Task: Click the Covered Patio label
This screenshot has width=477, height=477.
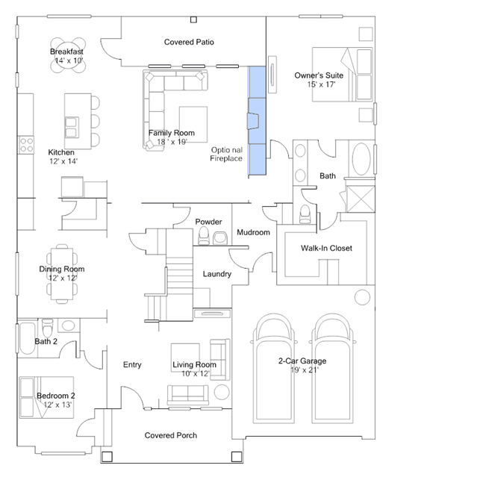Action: coord(189,42)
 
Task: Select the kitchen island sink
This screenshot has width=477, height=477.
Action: coord(72,127)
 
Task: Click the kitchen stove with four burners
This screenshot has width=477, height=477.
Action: coord(26,145)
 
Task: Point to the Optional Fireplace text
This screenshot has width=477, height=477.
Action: coord(226,154)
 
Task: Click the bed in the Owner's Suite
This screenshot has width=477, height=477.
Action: coord(342,74)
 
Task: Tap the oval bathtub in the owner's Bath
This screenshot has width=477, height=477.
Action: coord(361,159)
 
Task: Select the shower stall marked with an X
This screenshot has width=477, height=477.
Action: coord(361,199)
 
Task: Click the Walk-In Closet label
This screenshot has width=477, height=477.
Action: coord(326,248)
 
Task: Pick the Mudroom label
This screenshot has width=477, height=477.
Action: coord(253,232)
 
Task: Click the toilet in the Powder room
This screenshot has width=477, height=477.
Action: coord(204,236)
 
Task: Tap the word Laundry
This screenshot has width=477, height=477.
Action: coord(217,274)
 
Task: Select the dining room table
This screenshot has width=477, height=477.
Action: coord(62,274)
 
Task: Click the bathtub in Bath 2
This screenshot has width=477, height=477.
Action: coord(27,338)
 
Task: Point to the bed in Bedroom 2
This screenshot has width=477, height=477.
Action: coord(46,397)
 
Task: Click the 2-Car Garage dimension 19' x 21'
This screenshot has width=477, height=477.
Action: coord(305,370)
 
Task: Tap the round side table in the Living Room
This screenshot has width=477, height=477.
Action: coord(222,392)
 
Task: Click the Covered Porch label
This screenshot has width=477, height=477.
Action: coord(171,435)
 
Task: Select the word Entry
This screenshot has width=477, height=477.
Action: coord(132,364)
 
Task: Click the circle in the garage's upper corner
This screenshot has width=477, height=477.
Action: coord(362,297)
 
